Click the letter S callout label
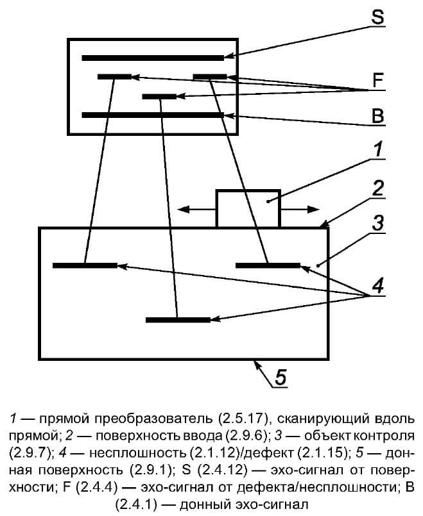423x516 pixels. pos(377,17)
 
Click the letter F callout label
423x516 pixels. pos(378,80)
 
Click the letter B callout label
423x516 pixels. pos(378,115)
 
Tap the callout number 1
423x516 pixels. pos(379,149)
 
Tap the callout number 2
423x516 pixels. pos(378,188)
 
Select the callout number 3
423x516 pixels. pos(377,224)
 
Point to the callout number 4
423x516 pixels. pos(378,285)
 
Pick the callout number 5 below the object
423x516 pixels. pos(281,377)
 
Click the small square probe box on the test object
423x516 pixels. pos(248,208)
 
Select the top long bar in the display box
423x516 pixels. pos(153,58)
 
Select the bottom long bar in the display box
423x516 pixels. pos(153,115)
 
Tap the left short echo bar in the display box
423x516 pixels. pos(114,77)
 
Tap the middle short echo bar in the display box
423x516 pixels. pos(159,96)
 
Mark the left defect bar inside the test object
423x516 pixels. pos(85,265)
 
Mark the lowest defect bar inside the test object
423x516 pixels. pos(178,320)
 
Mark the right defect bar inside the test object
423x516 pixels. pos(268,265)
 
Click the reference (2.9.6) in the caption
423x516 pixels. pos(246,436)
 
